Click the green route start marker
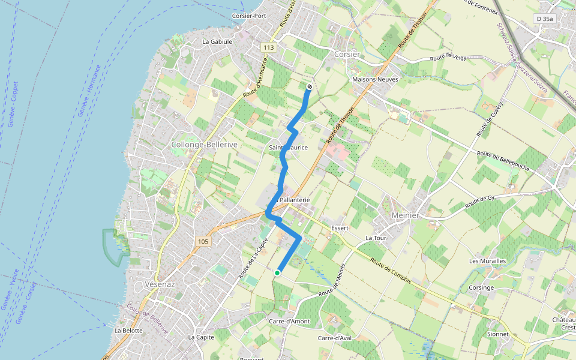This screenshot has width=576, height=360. tap(277, 273)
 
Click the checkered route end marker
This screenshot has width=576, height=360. tap(310, 87)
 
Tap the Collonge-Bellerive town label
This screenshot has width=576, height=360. tap(197, 145)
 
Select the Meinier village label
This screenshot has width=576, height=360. tap(405, 215)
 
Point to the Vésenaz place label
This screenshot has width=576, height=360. tap(159, 284)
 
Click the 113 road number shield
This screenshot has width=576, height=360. tap(268, 47)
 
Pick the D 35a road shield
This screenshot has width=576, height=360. tap(545, 19)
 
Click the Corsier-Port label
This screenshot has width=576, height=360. tap(249, 16)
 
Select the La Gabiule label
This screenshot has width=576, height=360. tap(217, 42)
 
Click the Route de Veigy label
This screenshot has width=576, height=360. tap(448, 59)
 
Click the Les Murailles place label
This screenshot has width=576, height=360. tap(488, 261)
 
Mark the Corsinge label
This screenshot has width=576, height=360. tap(482, 287)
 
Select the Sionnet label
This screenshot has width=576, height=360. tap(498, 334)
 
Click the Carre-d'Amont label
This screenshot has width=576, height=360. tap(289, 322)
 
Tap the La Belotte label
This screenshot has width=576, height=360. tap(128, 331)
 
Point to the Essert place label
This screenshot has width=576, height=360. tap(340, 229)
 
